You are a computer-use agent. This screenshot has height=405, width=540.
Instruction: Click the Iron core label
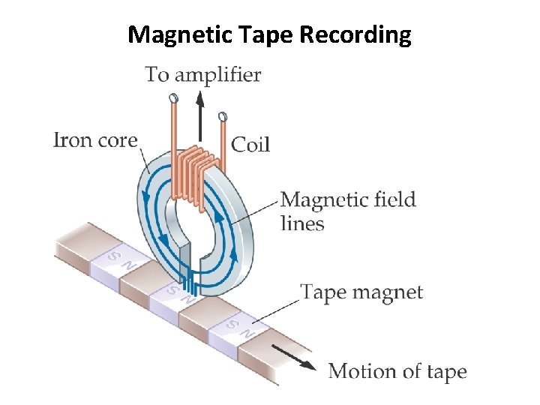(x=95, y=140)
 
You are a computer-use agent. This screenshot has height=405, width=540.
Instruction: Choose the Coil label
(x=250, y=144)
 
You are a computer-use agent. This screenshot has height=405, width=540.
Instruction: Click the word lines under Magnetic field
(x=302, y=223)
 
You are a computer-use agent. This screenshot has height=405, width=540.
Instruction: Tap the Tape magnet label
(x=361, y=292)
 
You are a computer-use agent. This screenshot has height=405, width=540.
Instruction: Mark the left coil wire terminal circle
(x=174, y=98)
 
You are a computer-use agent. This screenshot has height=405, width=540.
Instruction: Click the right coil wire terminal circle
(x=221, y=116)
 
